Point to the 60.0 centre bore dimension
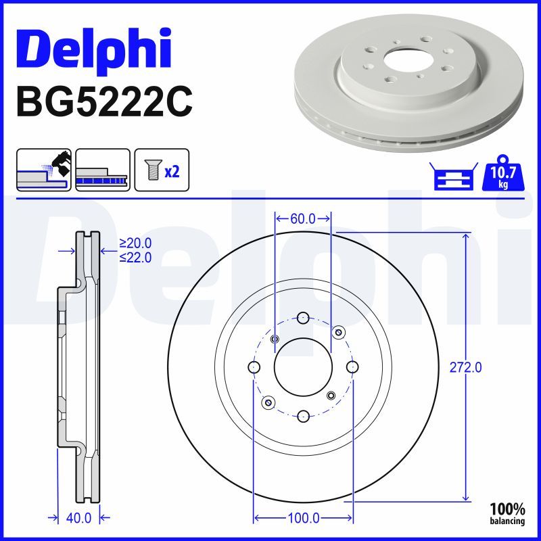303,218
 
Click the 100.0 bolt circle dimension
304,519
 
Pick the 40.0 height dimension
78,518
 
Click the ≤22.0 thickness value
135,257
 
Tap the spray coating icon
43,169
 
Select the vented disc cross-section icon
103,169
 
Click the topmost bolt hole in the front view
303,318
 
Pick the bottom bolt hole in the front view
303,416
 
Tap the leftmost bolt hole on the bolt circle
254,367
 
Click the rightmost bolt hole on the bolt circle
352,367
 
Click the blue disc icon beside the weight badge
451,178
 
